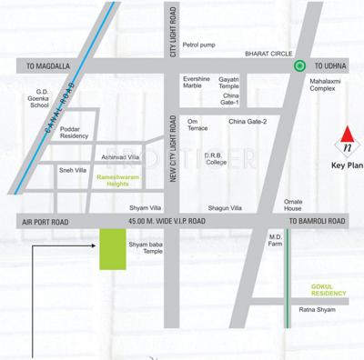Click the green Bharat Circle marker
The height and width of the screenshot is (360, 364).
[x=298, y=65]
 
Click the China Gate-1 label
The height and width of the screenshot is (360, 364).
[x=231, y=99]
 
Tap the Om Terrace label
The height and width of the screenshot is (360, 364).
[x=197, y=125]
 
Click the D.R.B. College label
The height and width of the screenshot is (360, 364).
[x=216, y=159]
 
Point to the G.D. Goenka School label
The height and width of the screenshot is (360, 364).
[x=42, y=96]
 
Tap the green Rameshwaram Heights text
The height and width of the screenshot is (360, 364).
[x=117, y=181]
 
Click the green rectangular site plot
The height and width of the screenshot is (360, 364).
[x=111, y=248]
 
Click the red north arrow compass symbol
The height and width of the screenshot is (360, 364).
[x=345, y=138]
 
